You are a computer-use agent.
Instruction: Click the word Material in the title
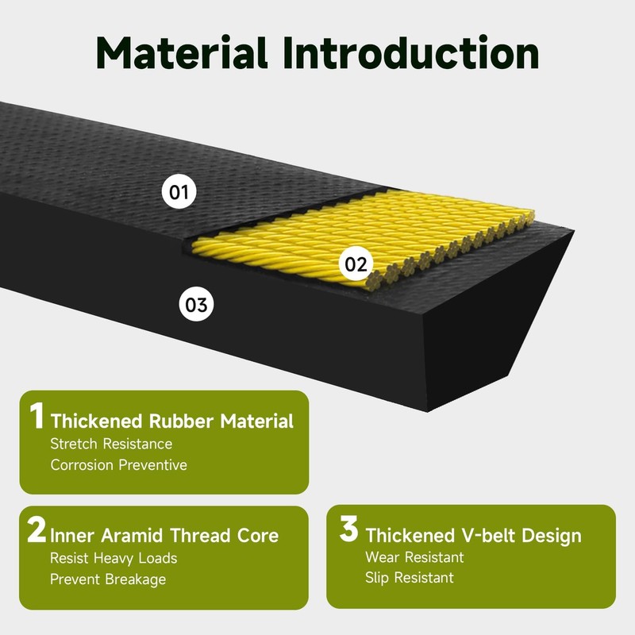pyautogui.click(x=186, y=52)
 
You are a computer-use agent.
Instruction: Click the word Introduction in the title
pyautogui.click(x=410, y=52)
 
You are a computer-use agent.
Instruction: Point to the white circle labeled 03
pyautogui.click(x=196, y=304)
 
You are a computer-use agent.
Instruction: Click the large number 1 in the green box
pyautogui.click(x=37, y=417)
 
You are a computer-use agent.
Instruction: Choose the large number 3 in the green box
pyautogui.click(x=349, y=531)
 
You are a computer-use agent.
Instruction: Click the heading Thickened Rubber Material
pyautogui.click(x=171, y=421)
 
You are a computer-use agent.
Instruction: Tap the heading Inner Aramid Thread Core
pyautogui.click(x=164, y=535)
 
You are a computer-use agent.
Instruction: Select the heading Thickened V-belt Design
pyautogui.click(x=473, y=535)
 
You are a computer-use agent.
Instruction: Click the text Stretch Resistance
pyautogui.click(x=111, y=444)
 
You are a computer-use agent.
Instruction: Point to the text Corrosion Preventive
pyautogui.click(x=119, y=465)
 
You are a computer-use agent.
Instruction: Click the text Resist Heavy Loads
pyautogui.click(x=114, y=558)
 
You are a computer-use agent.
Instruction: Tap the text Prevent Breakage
pyautogui.click(x=108, y=579)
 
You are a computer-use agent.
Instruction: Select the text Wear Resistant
pyautogui.click(x=414, y=557)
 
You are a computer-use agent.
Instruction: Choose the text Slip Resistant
pyautogui.click(x=410, y=578)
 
